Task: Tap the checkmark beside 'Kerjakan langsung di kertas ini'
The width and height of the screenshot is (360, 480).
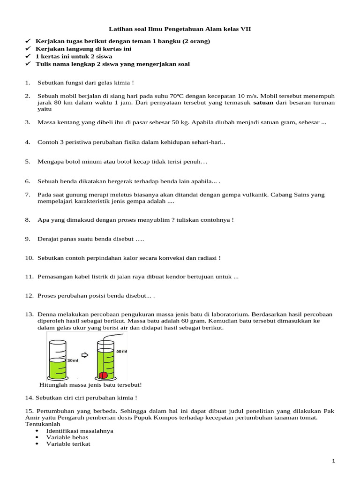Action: (27, 49)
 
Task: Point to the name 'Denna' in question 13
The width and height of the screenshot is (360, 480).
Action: (47, 315)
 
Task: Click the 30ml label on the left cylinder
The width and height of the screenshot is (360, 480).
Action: (73, 360)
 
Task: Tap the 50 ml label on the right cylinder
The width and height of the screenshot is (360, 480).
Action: (121, 351)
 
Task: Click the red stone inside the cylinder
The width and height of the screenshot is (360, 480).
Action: (105, 375)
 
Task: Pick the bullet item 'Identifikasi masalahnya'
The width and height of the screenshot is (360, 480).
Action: (79, 430)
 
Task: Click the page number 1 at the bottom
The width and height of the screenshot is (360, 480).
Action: (333, 461)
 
